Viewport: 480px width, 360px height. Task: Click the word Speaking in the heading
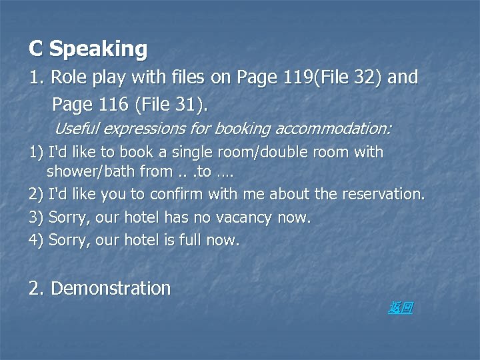[x=99, y=49]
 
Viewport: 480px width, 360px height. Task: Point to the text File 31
[x=171, y=104]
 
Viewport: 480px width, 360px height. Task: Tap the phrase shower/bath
[x=91, y=171]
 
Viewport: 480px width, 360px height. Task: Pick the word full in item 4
[x=191, y=240]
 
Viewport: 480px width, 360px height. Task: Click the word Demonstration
[x=111, y=289]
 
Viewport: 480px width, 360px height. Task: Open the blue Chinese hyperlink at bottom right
[x=400, y=307]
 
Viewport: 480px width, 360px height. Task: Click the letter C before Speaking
[x=36, y=49]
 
